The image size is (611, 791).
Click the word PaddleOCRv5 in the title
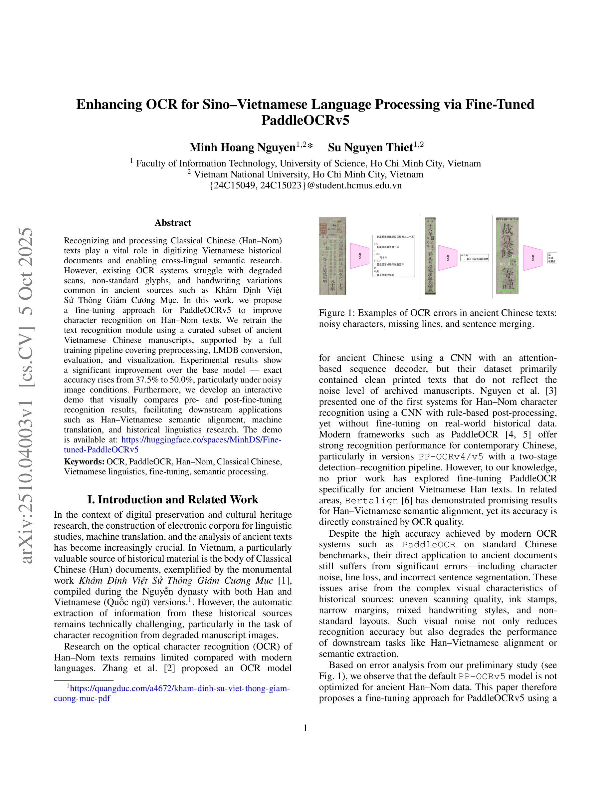[x=305, y=120]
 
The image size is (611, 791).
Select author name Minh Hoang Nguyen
[x=242, y=148]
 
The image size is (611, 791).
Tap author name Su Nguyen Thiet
[x=370, y=148]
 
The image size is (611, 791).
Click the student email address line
[x=305, y=186]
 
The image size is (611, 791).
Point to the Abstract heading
[x=173, y=222]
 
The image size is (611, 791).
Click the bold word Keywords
[x=84, y=462]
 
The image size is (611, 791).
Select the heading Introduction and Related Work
[x=173, y=499]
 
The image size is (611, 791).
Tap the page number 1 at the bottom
[x=305, y=728]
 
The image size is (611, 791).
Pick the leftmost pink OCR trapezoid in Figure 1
[x=360, y=256]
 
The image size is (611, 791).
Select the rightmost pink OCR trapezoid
[x=533, y=258]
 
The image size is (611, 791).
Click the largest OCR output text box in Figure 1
[x=393, y=256]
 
